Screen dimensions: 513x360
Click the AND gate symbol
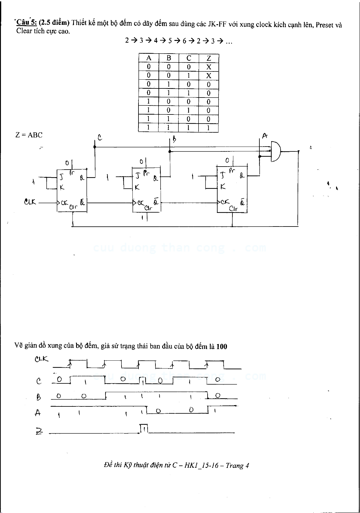point(275,151)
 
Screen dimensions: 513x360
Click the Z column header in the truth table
point(208,58)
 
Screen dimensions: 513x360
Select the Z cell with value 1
point(208,128)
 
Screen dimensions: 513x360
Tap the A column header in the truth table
point(148,58)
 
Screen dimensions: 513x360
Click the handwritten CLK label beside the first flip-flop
point(30,201)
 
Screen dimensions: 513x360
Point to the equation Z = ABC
point(29,135)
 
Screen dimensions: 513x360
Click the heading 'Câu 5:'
point(27,23)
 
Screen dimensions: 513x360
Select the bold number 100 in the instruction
point(222,346)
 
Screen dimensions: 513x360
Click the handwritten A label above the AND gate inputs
point(265,136)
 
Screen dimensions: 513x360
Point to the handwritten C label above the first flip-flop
point(99,138)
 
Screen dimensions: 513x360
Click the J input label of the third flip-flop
point(223,175)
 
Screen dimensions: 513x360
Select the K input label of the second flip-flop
point(137,187)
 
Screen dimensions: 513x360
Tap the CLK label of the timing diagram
point(42,359)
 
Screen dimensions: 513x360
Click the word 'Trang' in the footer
point(235,465)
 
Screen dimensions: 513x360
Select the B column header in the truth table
point(169,58)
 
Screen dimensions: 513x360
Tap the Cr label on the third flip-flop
point(233,209)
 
